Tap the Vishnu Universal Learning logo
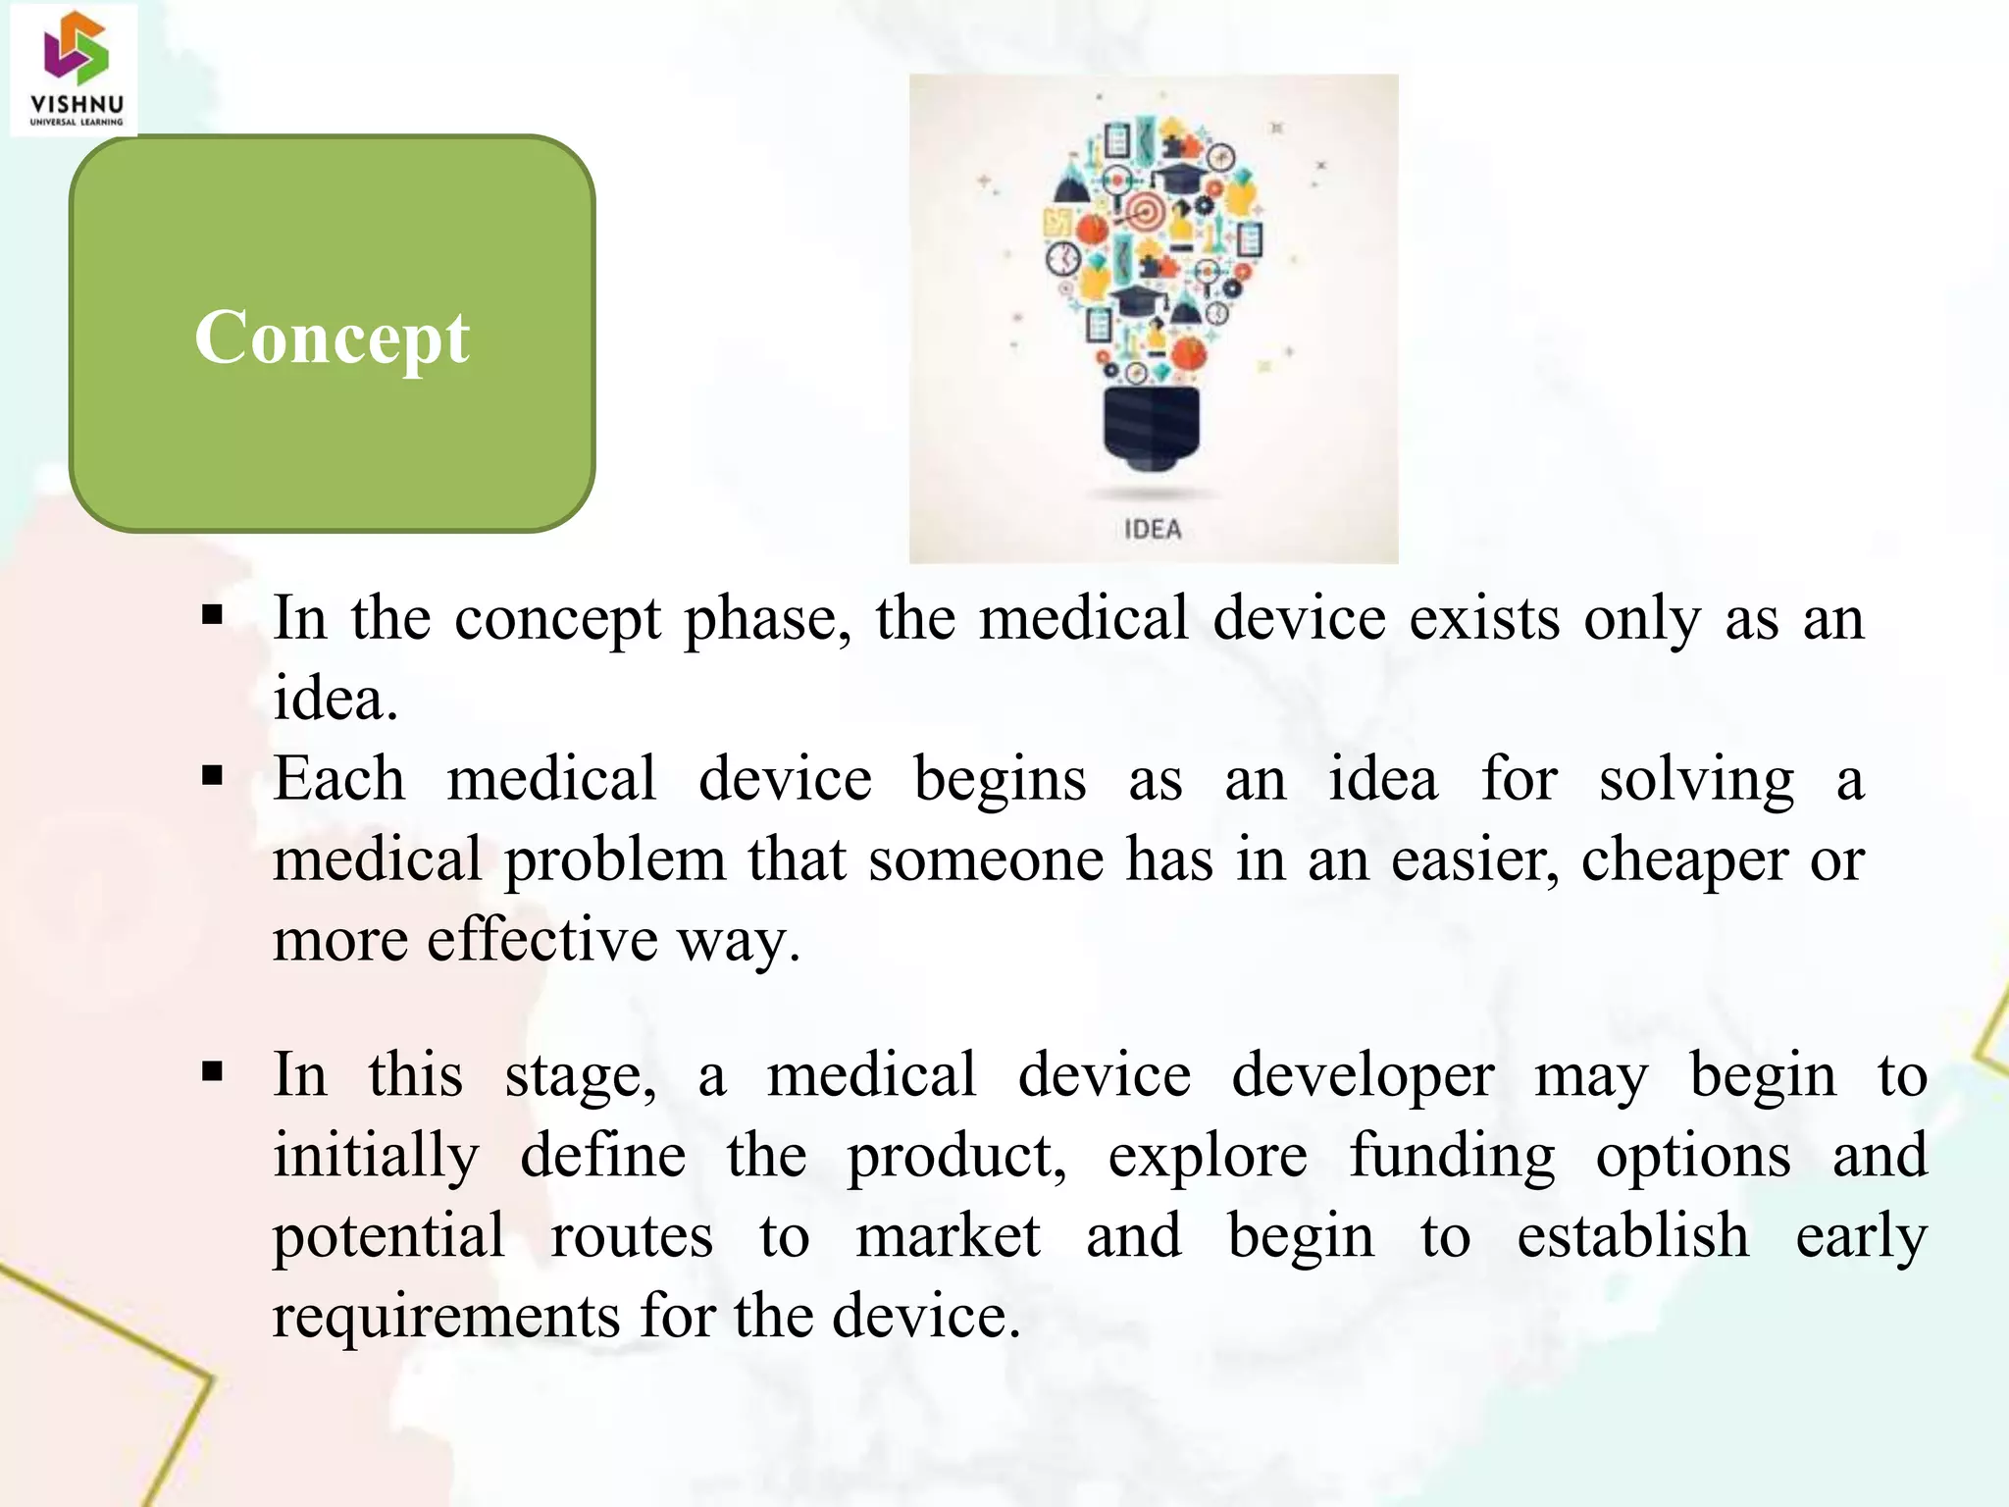click(x=76, y=69)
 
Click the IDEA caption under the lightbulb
click(x=1153, y=530)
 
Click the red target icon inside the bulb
click(x=1141, y=210)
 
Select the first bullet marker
click(x=212, y=617)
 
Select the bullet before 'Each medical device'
click(x=212, y=777)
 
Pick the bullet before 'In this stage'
click(x=212, y=1071)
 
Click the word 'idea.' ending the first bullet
click(x=335, y=700)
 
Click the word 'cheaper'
click(x=1683, y=860)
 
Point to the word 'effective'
click(x=542, y=940)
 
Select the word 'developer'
click(x=1363, y=1076)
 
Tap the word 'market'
click(x=947, y=1236)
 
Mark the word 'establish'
click(x=1632, y=1236)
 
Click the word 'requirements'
click(x=445, y=1317)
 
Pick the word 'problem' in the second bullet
click(x=614, y=860)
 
